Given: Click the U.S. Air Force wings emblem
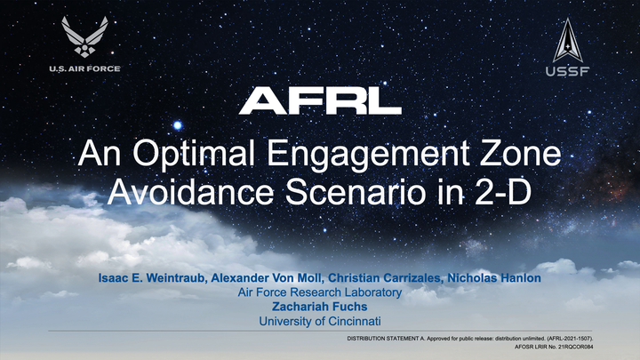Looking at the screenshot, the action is click(x=85, y=36).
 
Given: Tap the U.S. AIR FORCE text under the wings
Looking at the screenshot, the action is click(x=85, y=68).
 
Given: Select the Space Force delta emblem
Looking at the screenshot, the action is click(x=568, y=40).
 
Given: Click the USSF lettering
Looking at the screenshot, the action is click(x=568, y=71).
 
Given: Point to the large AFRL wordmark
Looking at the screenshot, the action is click(x=320, y=100).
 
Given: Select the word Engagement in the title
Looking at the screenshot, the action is click(x=368, y=155).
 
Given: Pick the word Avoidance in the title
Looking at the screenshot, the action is click(x=190, y=191).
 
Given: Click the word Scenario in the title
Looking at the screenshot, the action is click(x=356, y=191).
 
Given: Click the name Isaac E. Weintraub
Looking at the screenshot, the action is click(x=152, y=278).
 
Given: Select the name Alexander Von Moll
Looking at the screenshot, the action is click(x=268, y=278).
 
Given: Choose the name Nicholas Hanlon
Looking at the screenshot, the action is click(x=494, y=278).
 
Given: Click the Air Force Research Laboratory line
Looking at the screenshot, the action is click(x=320, y=292).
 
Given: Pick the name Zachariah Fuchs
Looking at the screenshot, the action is click(x=320, y=307).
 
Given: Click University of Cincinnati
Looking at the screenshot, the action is click(x=320, y=321).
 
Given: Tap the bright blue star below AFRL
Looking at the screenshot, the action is click(x=178, y=125).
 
